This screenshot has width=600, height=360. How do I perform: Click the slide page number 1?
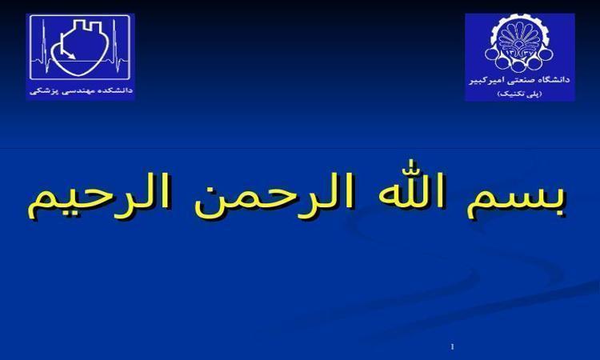(453, 346)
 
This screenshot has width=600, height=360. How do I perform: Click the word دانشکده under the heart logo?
(115, 91)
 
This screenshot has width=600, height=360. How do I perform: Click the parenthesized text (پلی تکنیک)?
(519, 94)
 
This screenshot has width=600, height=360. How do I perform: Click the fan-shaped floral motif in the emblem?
(520, 36)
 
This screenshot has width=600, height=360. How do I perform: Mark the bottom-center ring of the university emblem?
(520, 65)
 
